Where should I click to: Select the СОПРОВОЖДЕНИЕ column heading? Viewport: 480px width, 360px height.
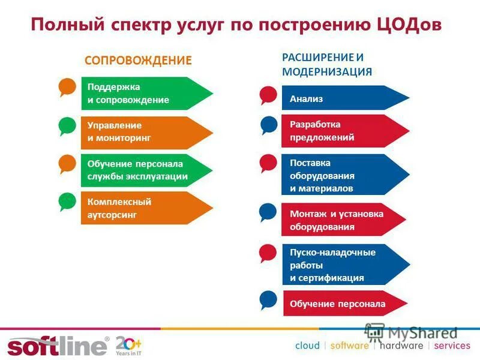138,61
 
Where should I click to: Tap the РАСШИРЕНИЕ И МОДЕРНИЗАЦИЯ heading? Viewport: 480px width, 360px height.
327,64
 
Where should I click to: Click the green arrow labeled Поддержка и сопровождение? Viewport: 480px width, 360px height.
144,93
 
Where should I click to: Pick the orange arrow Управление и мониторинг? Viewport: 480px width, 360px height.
144,132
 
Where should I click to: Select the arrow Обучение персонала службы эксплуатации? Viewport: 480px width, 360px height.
144,170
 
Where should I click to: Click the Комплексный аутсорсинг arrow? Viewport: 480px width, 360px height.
144,208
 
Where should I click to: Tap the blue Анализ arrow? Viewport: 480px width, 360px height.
342,98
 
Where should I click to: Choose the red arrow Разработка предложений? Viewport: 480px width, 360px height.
342,131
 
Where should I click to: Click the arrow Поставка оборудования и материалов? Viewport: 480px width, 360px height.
342,175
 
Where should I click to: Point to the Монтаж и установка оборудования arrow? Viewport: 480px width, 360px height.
342,220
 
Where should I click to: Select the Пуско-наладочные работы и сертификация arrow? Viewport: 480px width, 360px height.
342,265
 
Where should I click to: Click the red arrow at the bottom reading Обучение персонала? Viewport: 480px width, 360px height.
342,304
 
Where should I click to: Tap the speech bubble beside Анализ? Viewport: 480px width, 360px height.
268,95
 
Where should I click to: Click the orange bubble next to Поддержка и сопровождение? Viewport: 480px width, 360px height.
67,88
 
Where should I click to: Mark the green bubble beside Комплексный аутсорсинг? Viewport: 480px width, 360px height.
67,202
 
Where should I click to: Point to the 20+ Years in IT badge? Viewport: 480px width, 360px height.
128,346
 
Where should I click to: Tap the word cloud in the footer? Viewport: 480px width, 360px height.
307,346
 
